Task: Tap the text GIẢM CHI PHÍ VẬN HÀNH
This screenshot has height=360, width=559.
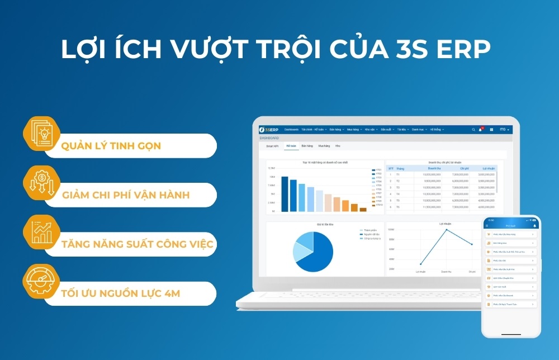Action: [126, 195]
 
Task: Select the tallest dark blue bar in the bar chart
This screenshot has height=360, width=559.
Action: [285, 194]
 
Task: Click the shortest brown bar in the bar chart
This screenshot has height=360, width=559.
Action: [363, 210]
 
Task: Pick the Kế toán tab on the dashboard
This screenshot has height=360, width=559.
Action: [291, 146]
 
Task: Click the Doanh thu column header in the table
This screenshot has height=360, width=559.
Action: [434, 168]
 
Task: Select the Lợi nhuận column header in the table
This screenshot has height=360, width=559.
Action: [488, 168]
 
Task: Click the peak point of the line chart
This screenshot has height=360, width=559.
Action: [446, 230]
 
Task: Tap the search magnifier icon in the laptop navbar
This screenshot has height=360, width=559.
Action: [473, 130]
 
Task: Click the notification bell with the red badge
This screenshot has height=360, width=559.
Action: [480, 130]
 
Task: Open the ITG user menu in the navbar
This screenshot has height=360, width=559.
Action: [504, 130]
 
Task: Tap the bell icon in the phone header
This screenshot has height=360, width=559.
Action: [534, 226]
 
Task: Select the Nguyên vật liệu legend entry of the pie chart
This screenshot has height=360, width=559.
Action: [371, 234]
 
